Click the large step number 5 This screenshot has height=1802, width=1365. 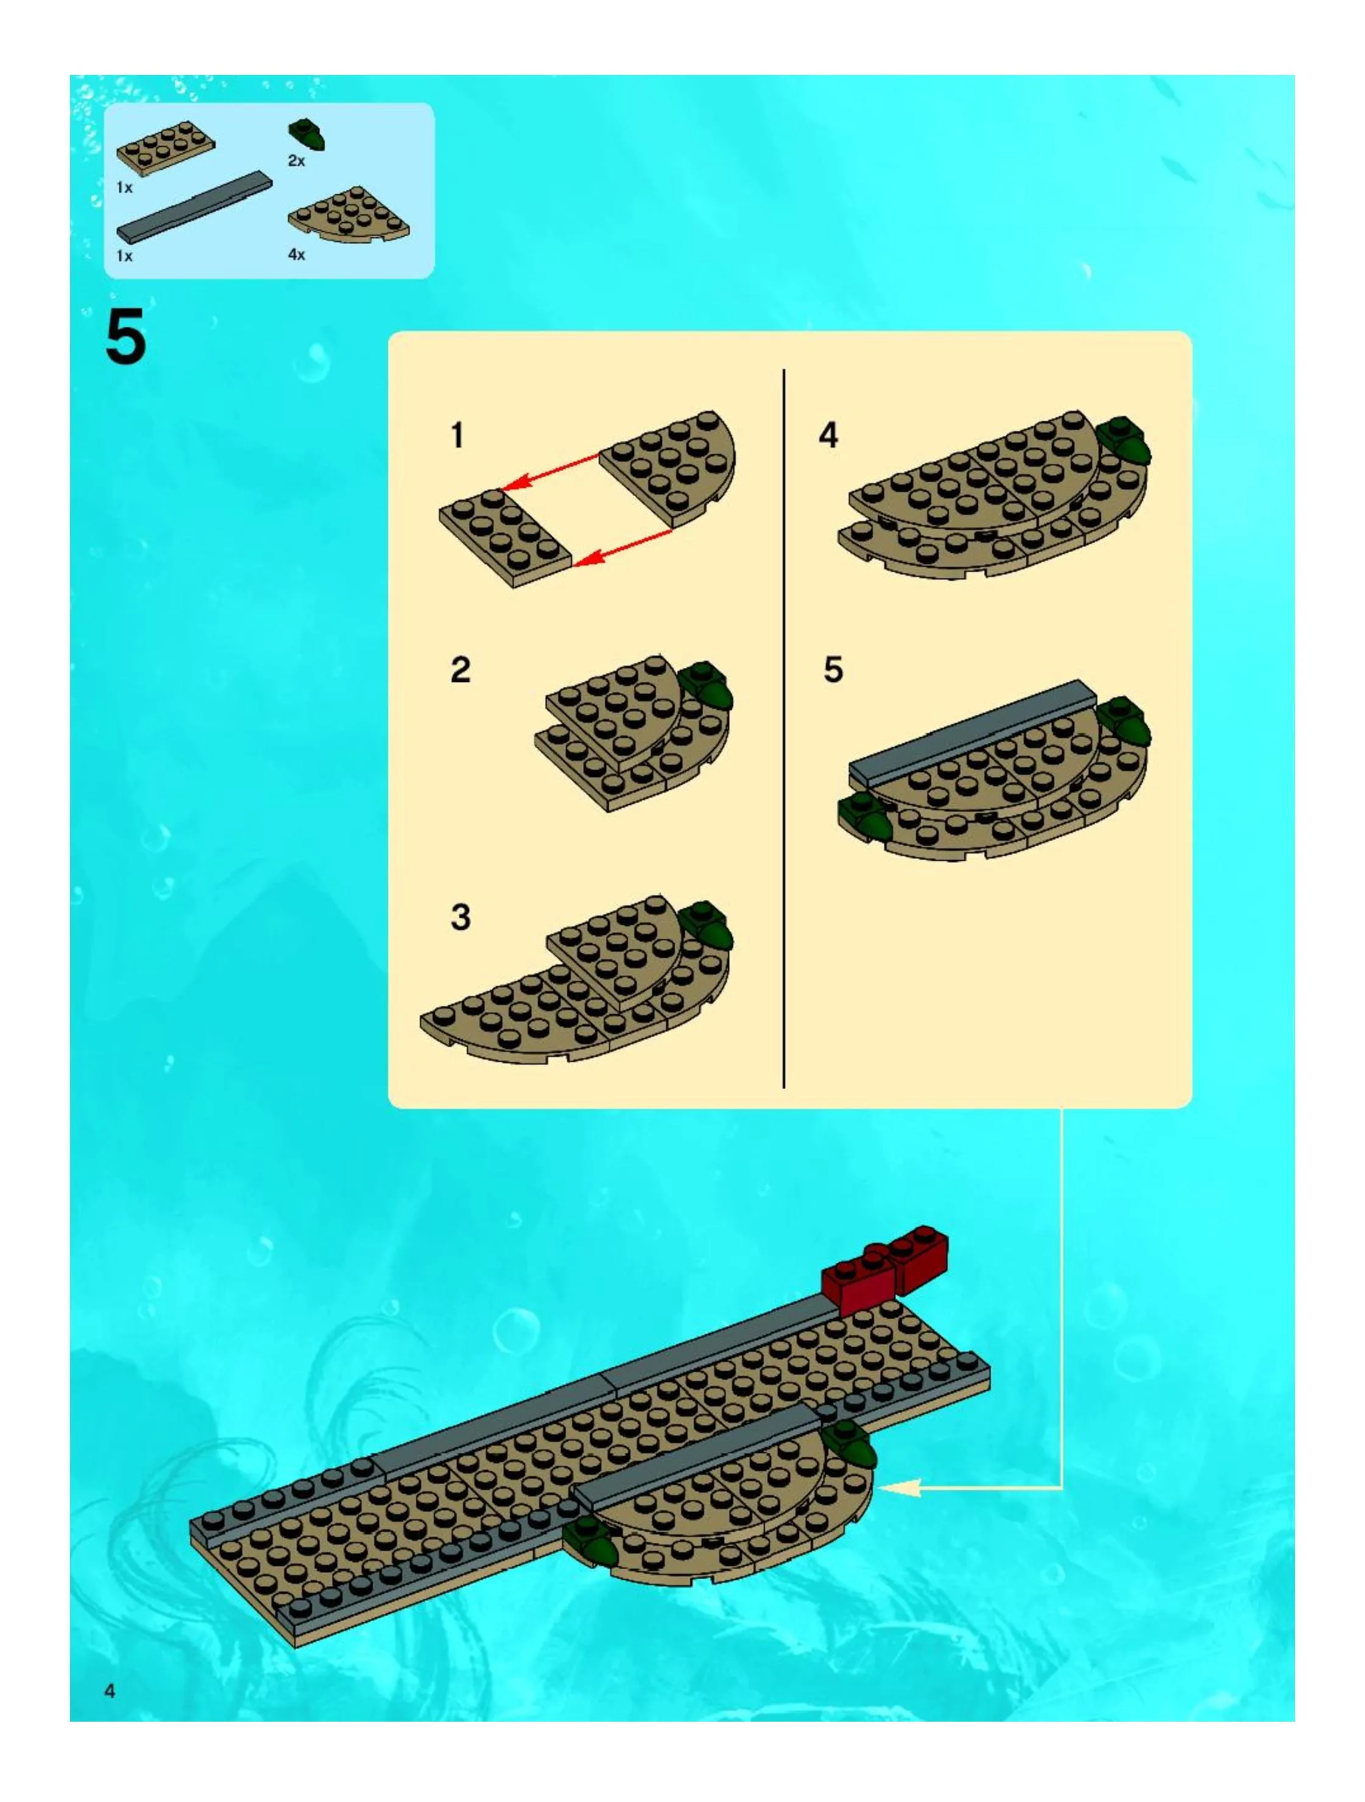point(125,337)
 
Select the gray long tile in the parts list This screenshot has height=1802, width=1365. point(194,206)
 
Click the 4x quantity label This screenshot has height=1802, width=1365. point(297,254)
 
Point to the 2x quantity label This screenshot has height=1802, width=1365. point(297,161)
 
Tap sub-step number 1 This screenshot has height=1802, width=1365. point(457,435)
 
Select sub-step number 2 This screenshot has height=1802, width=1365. point(460,670)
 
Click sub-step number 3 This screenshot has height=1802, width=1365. point(460,917)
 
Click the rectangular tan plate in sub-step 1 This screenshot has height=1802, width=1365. point(505,538)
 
